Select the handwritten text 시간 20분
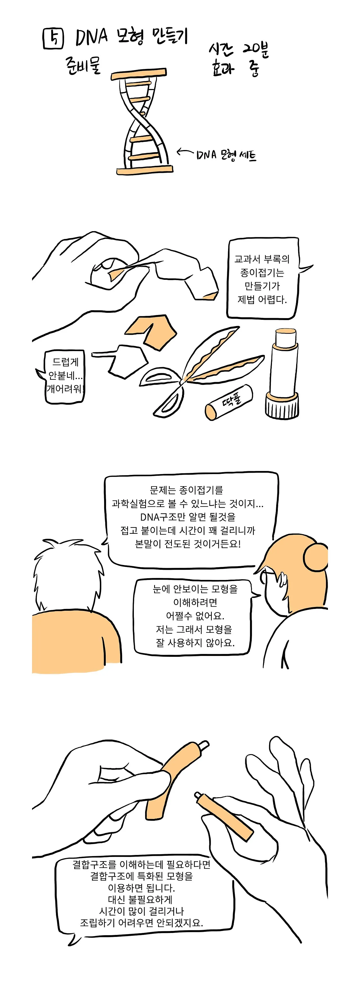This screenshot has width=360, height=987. [x=238, y=50]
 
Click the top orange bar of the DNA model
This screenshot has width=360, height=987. [x=139, y=74]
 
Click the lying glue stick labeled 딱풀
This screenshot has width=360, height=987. [x=229, y=402]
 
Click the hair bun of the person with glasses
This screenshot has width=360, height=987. [x=316, y=557]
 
